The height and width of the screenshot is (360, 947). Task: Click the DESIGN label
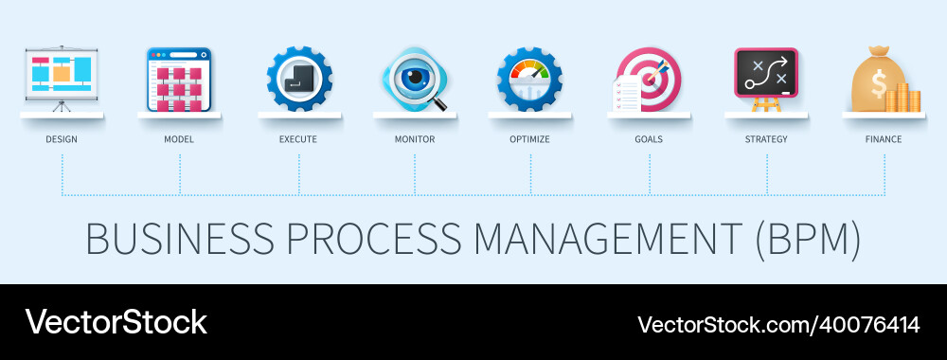(x=62, y=139)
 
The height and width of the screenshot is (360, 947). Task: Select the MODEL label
(x=180, y=139)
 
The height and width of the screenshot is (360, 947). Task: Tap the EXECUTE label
(x=298, y=139)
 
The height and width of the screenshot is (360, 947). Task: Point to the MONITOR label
(x=415, y=139)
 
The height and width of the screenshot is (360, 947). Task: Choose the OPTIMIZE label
(x=530, y=139)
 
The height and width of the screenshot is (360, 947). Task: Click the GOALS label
(x=649, y=139)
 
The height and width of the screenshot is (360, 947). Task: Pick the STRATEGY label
(x=766, y=139)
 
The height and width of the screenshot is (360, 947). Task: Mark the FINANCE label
(x=884, y=139)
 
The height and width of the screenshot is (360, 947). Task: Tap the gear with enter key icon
(x=299, y=80)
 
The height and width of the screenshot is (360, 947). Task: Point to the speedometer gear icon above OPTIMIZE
(x=530, y=80)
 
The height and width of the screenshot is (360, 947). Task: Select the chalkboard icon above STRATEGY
(x=766, y=73)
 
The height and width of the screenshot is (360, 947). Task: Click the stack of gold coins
(x=908, y=98)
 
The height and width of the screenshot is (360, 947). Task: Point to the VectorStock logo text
(x=116, y=322)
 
